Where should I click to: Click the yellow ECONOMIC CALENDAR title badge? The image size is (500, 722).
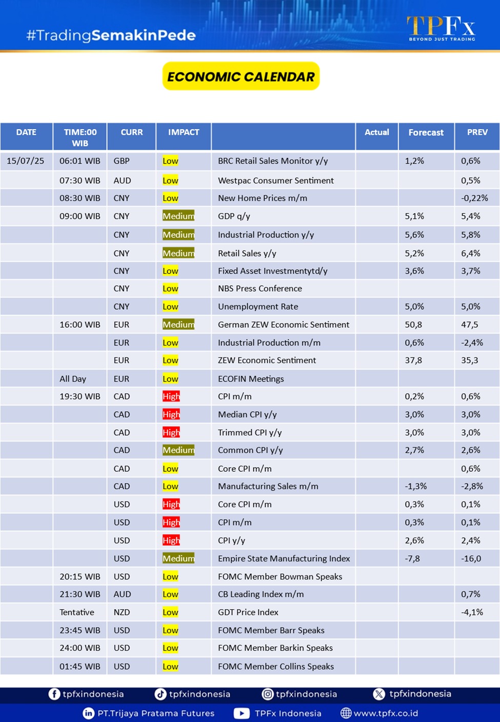pos(241,76)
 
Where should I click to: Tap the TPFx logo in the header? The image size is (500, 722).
pos(441,28)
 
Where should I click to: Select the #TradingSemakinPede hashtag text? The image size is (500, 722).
pos(111,35)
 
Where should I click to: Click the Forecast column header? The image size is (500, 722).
pos(426,133)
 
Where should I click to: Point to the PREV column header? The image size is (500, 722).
pos(477,132)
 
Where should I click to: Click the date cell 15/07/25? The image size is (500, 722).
pos(26,161)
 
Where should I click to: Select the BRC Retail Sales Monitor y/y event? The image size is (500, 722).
pos(273,161)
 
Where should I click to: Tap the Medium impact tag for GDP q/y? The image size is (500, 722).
pos(178,216)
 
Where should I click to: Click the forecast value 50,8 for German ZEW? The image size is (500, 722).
pos(413,325)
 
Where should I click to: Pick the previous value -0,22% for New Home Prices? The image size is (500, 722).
pos(474,198)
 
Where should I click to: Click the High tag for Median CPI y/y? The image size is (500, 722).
pos(171,414)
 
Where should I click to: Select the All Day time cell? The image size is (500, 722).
pos(73,379)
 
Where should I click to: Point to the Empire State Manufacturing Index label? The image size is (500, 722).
pos(284,558)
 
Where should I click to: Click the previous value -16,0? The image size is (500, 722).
pos(471,558)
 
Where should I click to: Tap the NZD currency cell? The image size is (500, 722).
pos(122,612)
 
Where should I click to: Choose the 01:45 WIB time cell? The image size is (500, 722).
pos(80,667)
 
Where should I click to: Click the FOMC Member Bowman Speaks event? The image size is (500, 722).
pos(280,576)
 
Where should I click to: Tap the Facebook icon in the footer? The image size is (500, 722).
pos(54,694)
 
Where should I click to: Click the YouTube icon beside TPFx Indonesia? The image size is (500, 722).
pos(242,713)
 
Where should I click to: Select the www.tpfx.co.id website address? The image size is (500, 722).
pos(386,713)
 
